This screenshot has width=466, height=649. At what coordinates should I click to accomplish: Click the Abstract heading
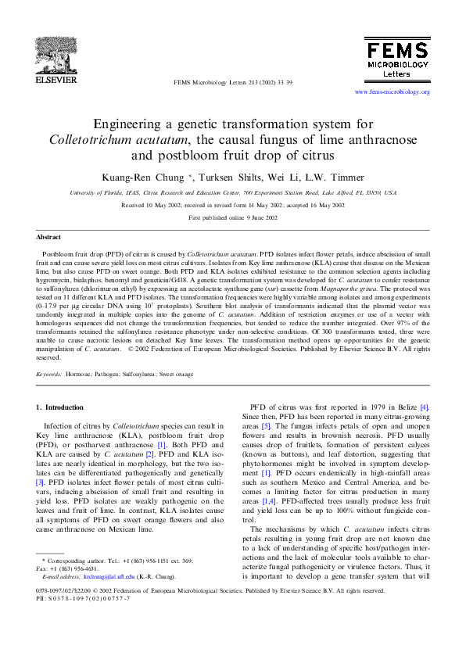point(48,236)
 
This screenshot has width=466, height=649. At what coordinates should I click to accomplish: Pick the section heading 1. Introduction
point(60,407)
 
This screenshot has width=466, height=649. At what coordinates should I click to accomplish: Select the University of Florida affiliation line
point(232,192)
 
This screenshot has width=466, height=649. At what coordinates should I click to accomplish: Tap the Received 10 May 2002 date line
point(232,205)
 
